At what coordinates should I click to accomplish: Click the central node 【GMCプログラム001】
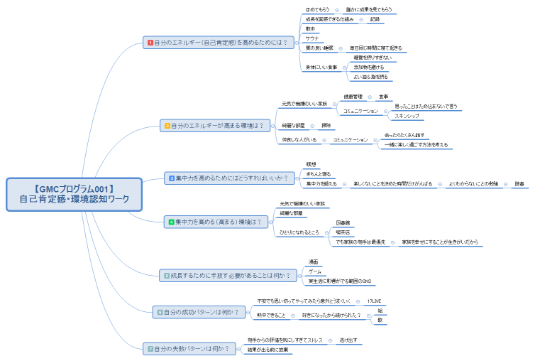(x=75, y=193)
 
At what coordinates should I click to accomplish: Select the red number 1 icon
(x=150, y=43)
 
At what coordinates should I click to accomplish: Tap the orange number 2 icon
(x=167, y=126)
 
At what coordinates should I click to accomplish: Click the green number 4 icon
(x=171, y=222)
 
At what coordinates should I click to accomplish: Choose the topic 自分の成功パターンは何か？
(x=201, y=311)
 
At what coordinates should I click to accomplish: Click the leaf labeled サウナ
(x=311, y=38)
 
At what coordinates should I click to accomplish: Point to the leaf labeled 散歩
(x=310, y=29)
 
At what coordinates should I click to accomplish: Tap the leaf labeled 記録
(x=375, y=19)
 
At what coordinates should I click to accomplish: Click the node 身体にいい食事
(x=321, y=68)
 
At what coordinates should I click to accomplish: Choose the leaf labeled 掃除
(x=326, y=126)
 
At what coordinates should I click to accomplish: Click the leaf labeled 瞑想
(x=311, y=164)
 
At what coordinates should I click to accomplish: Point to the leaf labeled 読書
(x=520, y=184)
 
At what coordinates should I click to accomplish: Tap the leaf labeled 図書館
(x=343, y=222)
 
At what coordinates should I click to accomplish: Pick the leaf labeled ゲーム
(x=315, y=271)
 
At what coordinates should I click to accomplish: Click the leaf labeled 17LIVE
(x=373, y=301)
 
